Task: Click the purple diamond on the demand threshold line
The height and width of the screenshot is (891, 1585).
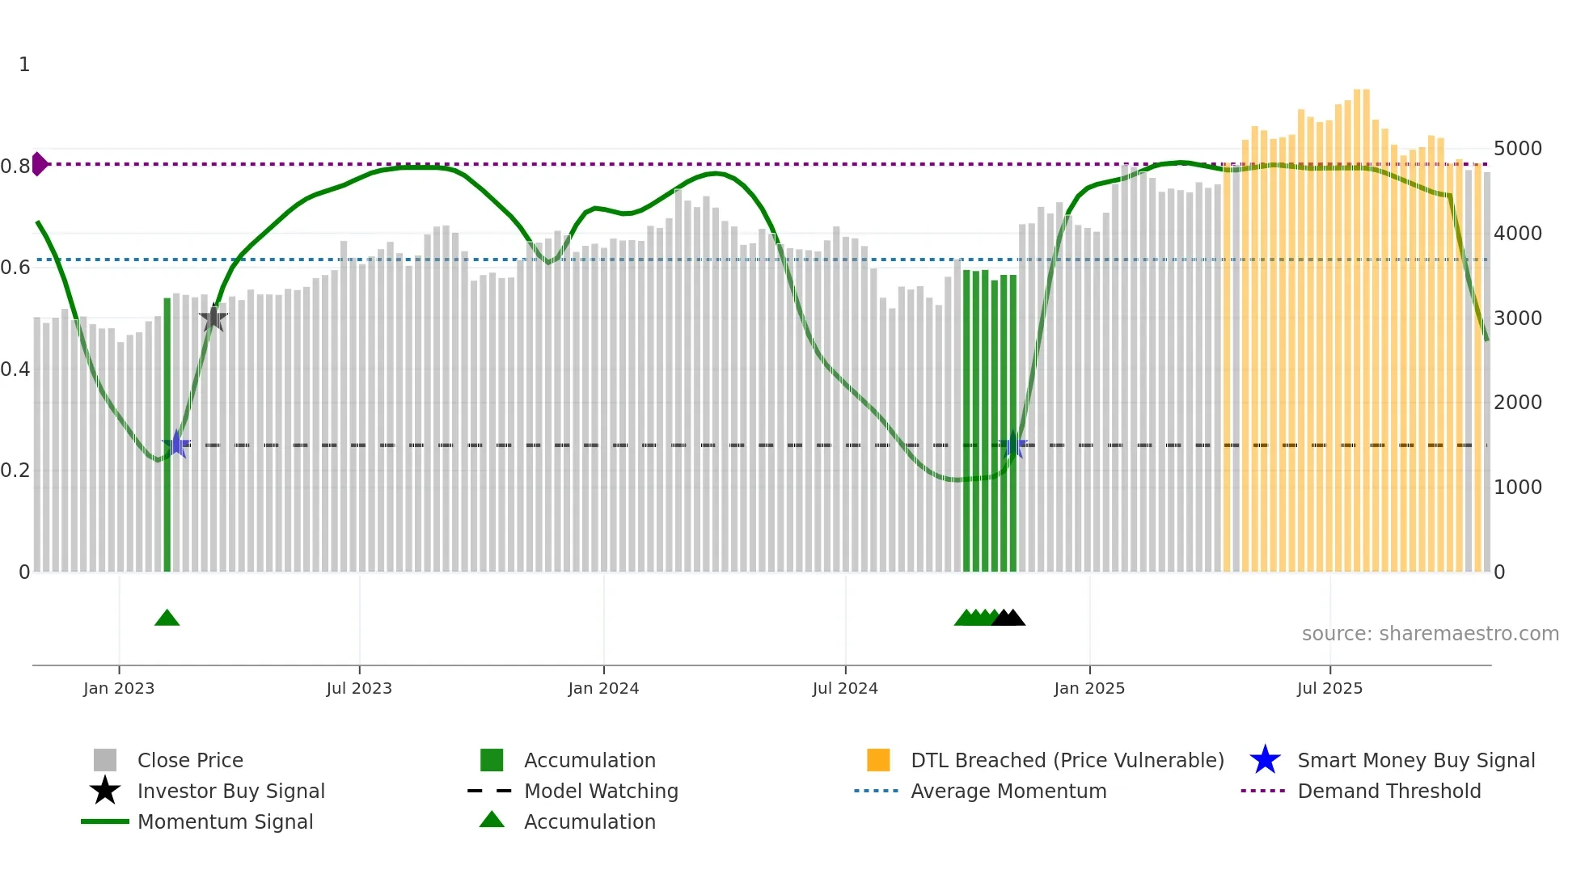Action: point(39,164)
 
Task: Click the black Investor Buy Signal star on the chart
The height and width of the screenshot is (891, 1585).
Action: point(213,319)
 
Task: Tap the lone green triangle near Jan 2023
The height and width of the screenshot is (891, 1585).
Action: point(167,619)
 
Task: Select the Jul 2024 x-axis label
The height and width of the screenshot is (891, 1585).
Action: point(845,688)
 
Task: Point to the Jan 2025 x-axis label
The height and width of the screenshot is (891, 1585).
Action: point(1089,688)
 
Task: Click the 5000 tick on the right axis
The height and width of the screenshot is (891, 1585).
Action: point(1517,149)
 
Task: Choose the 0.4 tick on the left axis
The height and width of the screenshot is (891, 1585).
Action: point(15,369)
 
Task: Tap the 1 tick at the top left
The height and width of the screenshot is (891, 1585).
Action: point(24,65)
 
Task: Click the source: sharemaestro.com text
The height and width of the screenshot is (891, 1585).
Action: point(1430,634)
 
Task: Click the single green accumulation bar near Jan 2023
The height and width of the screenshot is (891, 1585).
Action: point(167,437)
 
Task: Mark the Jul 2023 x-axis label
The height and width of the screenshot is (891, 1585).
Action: point(359,688)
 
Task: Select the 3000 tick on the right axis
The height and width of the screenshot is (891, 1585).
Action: point(1517,319)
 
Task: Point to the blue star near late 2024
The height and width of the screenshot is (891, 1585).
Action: point(1013,445)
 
